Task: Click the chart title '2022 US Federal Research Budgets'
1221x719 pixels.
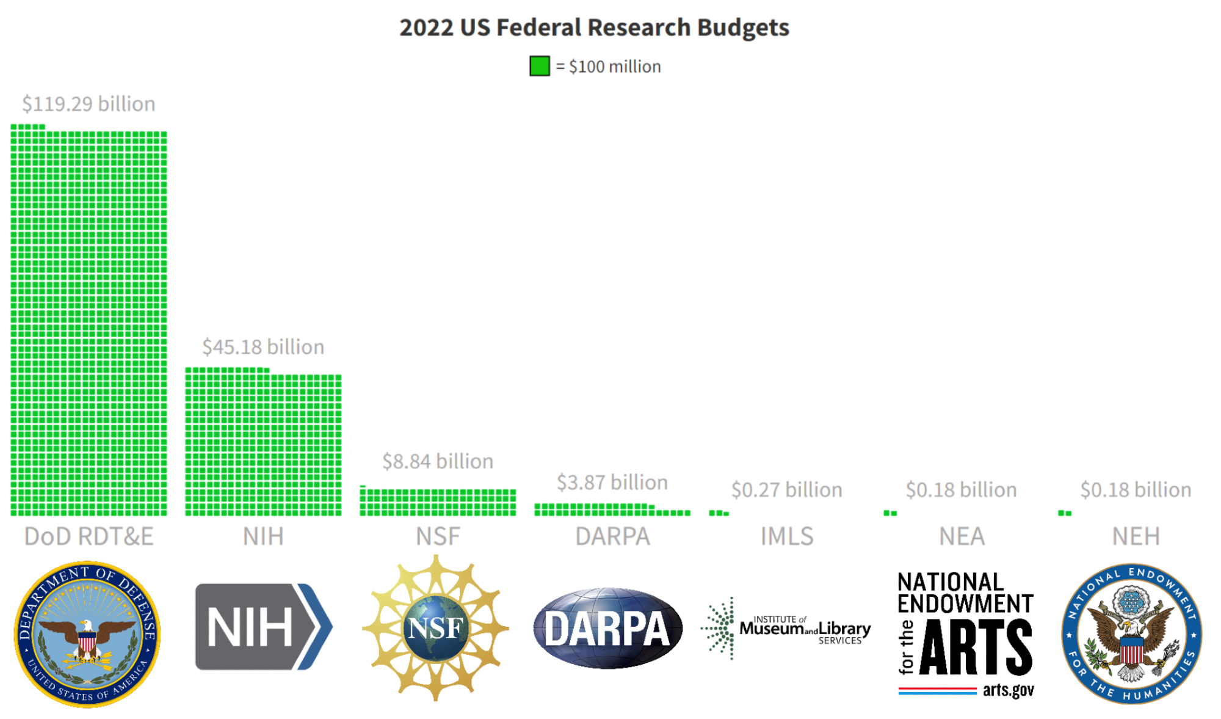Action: pyautogui.click(x=594, y=27)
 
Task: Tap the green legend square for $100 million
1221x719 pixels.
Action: pyautogui.click(x=539, y=66)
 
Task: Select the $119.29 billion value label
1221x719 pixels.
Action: pyautogui.click(x=89, y=104)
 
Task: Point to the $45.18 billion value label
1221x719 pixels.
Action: pyautogui.click(x=263, y=347)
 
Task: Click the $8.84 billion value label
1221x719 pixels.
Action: pyautogui.click(x=438, y=461)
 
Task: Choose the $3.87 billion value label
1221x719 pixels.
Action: pyautogui.click(x=612, y=483)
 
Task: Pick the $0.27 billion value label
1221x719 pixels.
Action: pyautogui.click(x=786, y=490)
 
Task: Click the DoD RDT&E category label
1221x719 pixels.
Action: pyautogui.click(x=89, y=536)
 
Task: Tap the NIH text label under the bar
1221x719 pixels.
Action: pyautogui.click(x=263, y=536)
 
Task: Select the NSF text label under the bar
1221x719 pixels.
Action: pyautogui.click(x=438, y=536)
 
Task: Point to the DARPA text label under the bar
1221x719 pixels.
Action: pyautogui.click(x=612, y=536)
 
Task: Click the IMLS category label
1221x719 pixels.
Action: pyautogui.click(x=786, y=536)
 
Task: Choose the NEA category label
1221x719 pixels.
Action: pyautogui.click(x=962, y=536)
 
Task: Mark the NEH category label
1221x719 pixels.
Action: pyautogui.click(x=1136, y=536)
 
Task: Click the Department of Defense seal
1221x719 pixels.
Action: pyautogui.click(x=87, y=633)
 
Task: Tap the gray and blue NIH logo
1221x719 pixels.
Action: pyautogui.click(x=263, y=627)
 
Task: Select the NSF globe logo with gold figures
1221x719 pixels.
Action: pyautogui.click(x=435, y=628)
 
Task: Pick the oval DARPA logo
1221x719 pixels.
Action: pyautogui.click(x=607, y=628)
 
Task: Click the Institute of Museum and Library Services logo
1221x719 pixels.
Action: pyautogui.click(x=786, y=629)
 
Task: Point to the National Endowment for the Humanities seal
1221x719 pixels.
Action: pyautogui.click(x=1131, y=633)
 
